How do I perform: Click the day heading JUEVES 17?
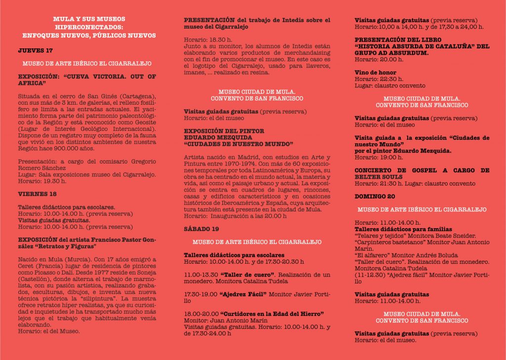coord(35,50)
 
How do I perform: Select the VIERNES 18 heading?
coord(37,194)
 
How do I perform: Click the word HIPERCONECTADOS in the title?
coord(89,27)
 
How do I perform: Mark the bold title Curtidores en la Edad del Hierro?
coord(272,313)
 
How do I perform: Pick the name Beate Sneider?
coord(455,235)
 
